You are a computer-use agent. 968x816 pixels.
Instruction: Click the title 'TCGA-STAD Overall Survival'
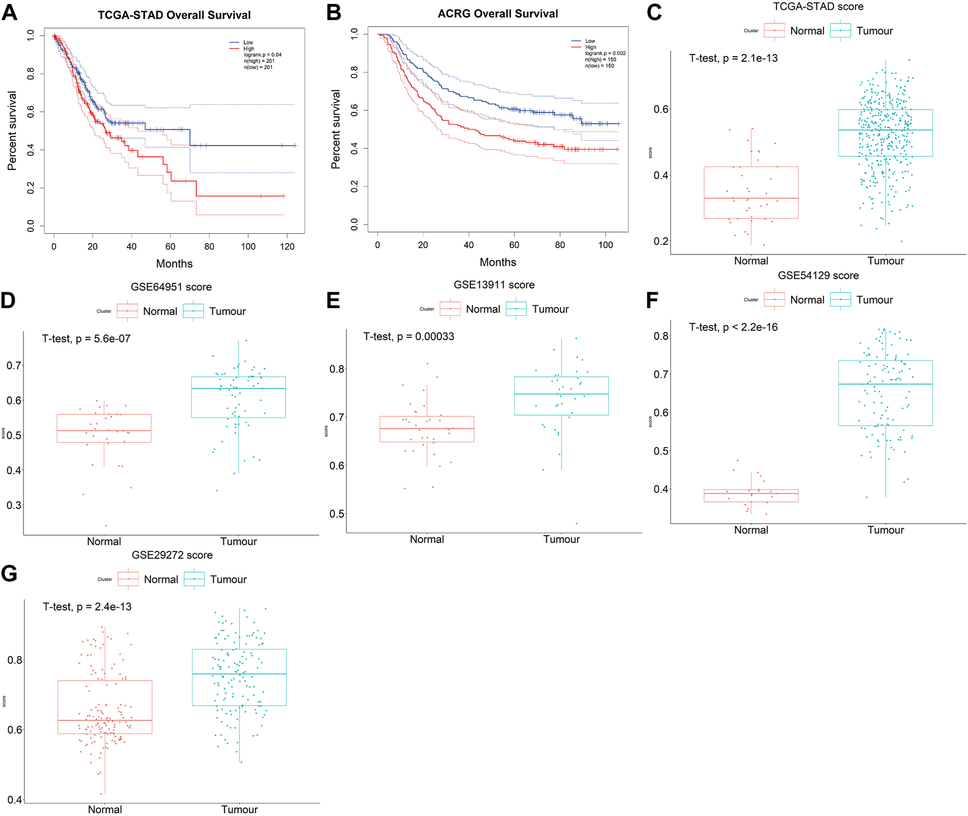coord(174,15)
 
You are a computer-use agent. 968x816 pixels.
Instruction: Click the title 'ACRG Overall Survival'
coord(498,14)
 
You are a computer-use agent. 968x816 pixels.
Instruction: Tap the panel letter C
coord(654,13)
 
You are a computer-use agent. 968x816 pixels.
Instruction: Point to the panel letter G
coord(9,573)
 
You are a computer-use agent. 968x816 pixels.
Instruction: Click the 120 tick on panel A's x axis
coord(287,246)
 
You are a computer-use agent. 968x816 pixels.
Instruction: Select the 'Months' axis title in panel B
coord(498,262)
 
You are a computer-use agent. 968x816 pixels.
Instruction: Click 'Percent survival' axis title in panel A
coord(12,131)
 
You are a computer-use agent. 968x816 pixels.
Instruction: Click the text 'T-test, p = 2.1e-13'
coord(733,58)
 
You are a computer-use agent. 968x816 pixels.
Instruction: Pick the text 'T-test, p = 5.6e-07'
coord(86,339)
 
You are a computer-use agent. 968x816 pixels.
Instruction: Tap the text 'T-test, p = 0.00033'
coord(409,336)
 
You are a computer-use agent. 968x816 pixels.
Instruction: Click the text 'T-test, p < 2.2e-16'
coord(733,327)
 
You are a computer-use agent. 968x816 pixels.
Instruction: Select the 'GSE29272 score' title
coord(172,555)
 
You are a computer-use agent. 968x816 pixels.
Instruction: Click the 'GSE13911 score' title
coord(494,285)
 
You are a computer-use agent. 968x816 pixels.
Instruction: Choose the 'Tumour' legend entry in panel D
coord(227,311)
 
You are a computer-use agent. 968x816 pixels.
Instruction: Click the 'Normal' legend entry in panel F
coord(807,300)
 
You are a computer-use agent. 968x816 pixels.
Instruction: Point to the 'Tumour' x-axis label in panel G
coord(239,809)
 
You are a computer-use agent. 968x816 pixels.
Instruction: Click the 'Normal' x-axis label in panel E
coord(427,539)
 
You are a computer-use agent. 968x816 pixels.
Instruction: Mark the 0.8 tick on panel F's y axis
coord(661,336)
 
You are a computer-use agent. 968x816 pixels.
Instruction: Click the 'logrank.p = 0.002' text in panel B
coord(605,54)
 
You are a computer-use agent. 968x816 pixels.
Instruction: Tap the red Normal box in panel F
coord(751,495)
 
